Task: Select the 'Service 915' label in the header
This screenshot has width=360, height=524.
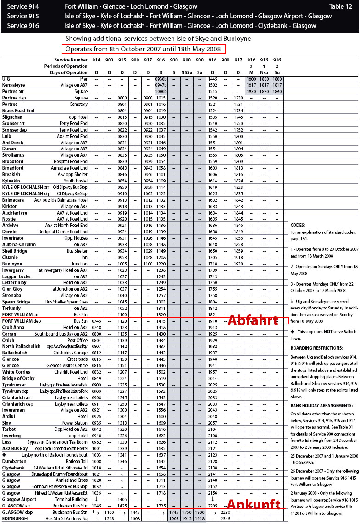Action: point(23,16)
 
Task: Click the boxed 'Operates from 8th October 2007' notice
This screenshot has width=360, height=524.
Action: point(143,49)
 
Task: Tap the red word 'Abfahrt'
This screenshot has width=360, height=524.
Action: point(253,320)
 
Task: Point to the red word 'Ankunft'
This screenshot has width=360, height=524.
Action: point(254,505)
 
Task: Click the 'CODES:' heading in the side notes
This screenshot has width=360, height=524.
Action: point(298,225)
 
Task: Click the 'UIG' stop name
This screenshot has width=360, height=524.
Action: point(6,79)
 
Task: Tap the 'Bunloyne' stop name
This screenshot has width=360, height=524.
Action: point(12,264)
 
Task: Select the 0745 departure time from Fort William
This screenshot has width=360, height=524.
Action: point(96,321)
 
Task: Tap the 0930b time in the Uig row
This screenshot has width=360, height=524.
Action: point(161,79)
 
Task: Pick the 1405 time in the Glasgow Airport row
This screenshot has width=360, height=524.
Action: point(122,499)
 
